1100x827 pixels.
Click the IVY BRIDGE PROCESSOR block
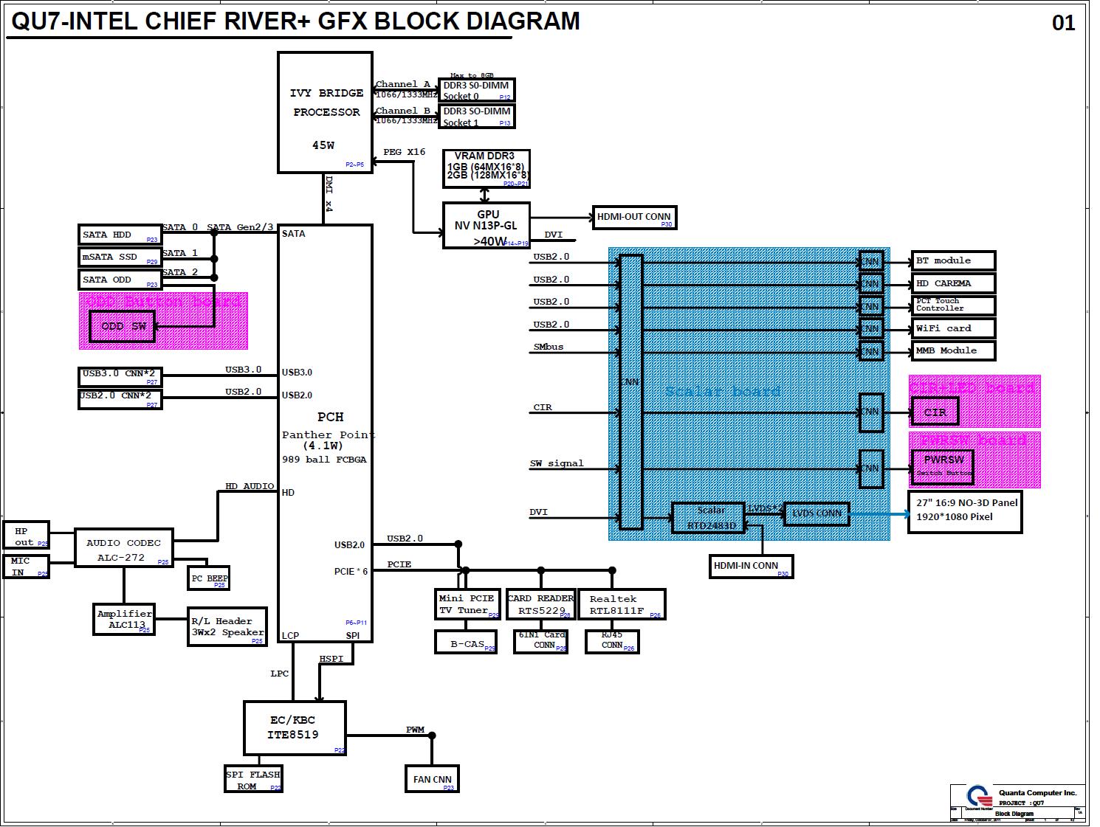(325, 112)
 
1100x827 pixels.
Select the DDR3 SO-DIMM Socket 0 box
(476, 91)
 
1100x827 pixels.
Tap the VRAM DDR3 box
(487, 169)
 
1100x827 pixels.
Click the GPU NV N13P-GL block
(487, 226)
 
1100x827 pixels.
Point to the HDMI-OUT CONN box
(634, 218)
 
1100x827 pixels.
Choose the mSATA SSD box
(120, 257)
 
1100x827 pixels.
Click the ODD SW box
(123, 327)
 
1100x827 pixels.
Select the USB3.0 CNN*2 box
(120, 377)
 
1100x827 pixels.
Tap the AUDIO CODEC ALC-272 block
(124, 549)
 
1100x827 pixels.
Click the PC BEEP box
(209, 578)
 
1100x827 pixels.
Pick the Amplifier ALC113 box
(125, 619)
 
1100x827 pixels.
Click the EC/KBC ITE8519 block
(295, 727)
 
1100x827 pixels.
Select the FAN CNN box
(432, 779)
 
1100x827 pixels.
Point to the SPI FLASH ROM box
(253, 780)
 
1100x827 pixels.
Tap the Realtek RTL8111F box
(622, 604)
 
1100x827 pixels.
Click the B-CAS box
(466, 643)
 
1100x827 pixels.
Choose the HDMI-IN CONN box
(751, 566)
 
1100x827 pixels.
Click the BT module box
(953, 261)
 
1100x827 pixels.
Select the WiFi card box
(953, 328)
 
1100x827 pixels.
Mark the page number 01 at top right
(1063, 24)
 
